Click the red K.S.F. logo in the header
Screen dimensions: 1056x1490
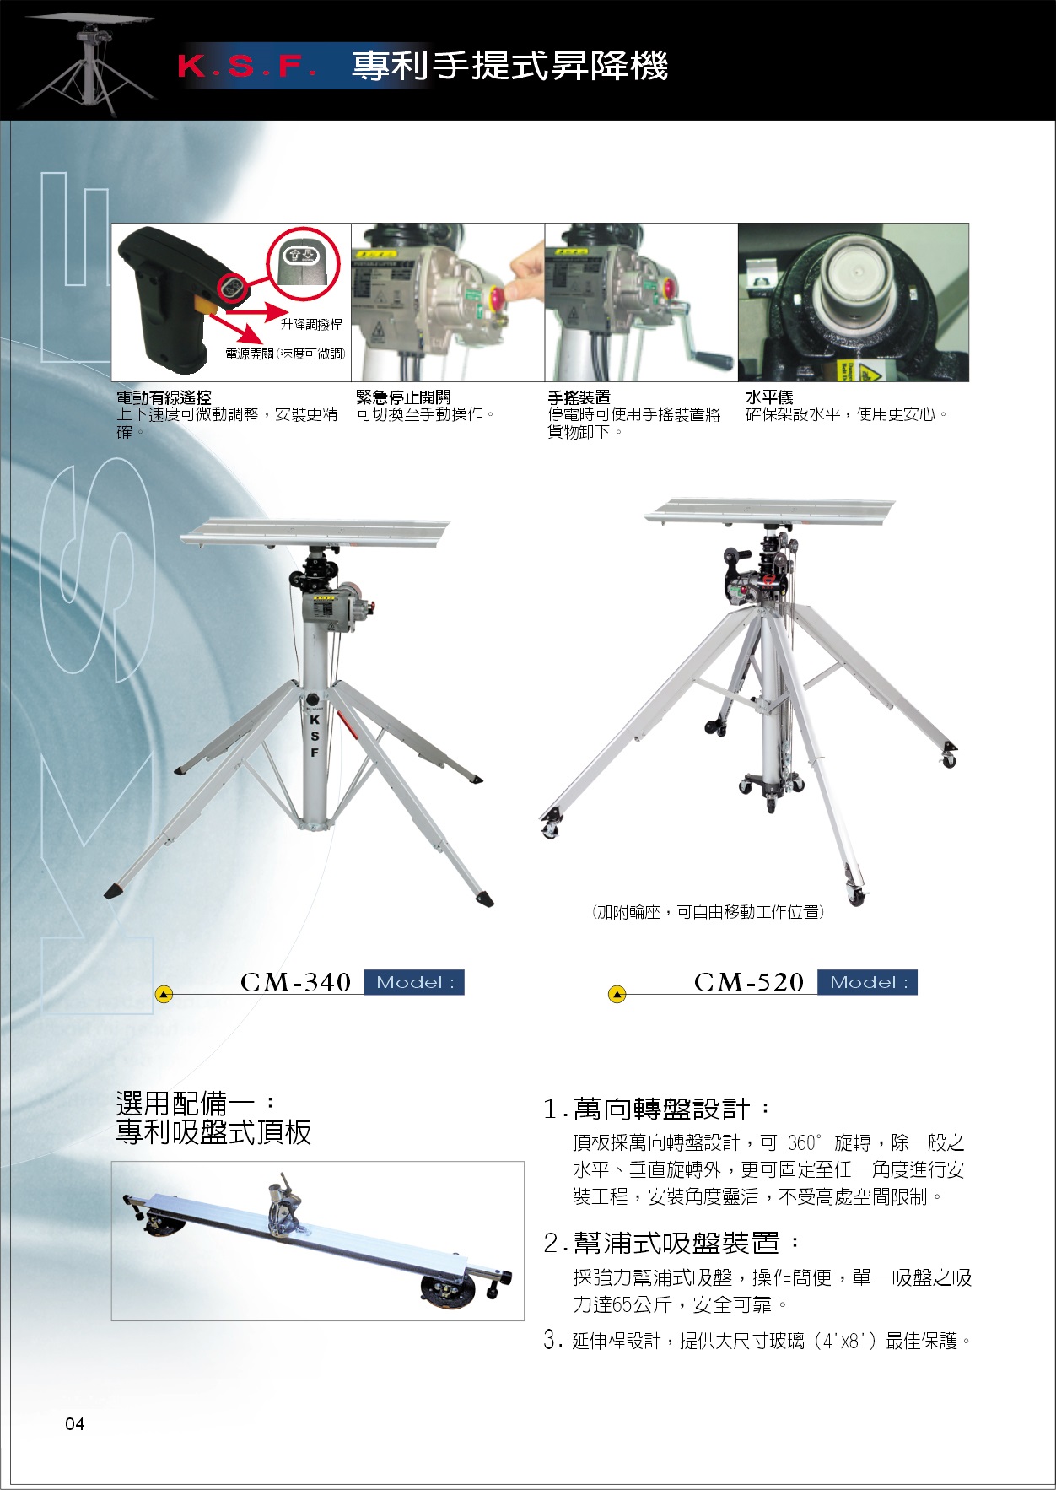click(248, 67)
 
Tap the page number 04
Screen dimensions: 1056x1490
click(75, 1424)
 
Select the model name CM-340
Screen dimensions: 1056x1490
click(296, 982)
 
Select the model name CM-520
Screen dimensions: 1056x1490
click(750, 982)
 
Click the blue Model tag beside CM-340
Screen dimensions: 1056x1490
click(414, 982)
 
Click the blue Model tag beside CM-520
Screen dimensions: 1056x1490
click(868, 982)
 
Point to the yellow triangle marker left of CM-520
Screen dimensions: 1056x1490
click(617, 995)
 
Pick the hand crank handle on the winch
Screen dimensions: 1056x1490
click(715, 360)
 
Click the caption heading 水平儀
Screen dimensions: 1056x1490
click(769, 397)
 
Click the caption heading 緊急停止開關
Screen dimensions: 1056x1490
click(403, 397)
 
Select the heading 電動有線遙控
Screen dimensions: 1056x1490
click(164, 397)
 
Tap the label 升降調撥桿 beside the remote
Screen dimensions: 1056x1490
click(311, 324)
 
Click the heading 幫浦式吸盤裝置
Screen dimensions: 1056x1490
click(676, 1243)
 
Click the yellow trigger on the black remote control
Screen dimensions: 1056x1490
click(203, 304)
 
